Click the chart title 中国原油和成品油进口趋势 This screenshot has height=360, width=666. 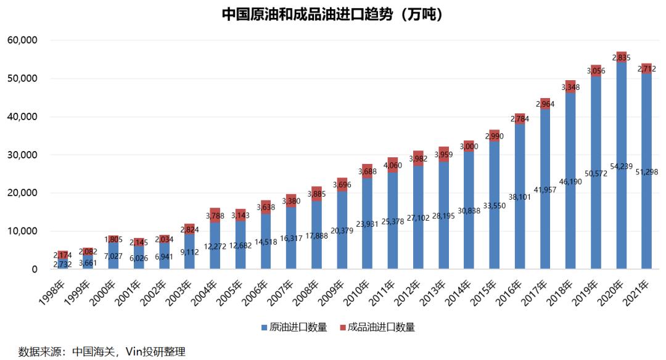pos(332,14)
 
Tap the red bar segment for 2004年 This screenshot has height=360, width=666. pos(215,215)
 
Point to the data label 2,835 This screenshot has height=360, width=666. pos(622,57)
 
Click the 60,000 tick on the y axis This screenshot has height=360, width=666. pos(22,41)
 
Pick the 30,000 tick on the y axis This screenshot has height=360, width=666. pos(22,155)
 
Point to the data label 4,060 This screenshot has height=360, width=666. pos(393,165)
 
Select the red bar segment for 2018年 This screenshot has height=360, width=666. pos(571,86)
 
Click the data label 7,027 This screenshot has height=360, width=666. pos(113,256)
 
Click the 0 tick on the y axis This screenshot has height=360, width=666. pos(35,269)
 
